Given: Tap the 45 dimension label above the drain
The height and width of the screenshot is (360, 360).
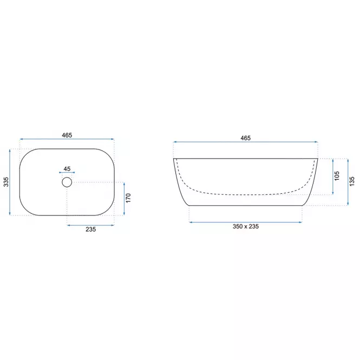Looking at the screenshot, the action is point(67,169).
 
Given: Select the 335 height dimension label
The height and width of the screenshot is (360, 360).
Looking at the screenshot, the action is point(6,182).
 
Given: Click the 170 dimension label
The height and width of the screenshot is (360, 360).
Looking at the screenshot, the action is point(128,198).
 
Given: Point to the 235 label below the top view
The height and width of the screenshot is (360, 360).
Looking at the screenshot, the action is point(91,230).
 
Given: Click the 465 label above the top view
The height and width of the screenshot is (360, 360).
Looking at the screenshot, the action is point(67,135).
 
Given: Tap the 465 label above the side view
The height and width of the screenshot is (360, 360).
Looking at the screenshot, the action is point(246,138).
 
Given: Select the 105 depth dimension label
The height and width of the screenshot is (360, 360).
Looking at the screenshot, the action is point(337,176).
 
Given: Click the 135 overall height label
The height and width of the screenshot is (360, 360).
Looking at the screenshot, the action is point(352,181).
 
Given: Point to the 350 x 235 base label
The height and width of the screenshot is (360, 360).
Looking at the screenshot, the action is point(246,227).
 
